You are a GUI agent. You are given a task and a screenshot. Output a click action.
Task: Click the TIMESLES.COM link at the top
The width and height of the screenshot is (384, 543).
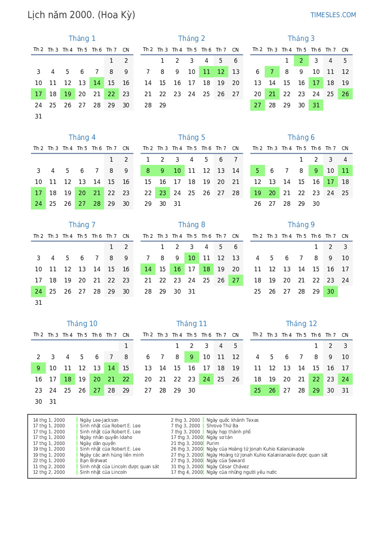[333, 15]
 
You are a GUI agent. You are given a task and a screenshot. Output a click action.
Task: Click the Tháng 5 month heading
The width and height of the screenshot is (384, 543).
[191, 137]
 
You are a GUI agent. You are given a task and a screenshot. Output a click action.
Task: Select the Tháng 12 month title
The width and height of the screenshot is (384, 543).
[301, 324]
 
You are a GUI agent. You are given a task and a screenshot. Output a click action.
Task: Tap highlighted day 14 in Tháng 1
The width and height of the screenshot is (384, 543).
[97, 83]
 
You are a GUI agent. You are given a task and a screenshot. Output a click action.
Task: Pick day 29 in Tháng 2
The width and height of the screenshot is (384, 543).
[163, 105]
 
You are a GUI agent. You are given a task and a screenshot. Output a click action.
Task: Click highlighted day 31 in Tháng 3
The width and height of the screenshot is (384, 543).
[316, 105]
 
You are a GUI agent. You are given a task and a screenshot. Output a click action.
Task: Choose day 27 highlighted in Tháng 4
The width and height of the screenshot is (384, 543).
[82, 204]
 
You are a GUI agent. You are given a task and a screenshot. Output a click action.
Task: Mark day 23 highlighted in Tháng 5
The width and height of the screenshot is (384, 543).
[163, 193]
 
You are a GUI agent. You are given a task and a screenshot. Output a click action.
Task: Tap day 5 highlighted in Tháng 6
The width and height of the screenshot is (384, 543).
[258, 171]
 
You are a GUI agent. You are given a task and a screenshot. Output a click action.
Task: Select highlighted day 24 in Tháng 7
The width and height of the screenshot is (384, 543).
[39, 292]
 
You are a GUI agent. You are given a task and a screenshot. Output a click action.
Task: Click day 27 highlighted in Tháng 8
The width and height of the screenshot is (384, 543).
[235, 281]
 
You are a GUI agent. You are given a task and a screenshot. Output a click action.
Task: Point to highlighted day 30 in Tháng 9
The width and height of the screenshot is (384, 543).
[330, 292]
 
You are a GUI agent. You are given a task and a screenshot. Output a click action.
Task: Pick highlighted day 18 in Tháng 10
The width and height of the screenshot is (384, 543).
[68, 379]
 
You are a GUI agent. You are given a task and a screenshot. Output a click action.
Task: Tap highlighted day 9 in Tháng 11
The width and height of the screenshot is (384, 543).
[192, 357]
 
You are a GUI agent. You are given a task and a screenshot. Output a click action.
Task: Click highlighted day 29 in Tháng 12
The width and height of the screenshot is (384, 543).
[316, 391]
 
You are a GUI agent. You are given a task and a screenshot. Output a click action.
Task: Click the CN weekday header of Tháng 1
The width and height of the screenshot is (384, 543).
[126, 50]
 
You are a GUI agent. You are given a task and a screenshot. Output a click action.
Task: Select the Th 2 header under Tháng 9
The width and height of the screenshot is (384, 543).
[257, 236]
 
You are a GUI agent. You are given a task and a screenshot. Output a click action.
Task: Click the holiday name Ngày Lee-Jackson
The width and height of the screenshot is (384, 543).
[99, 420]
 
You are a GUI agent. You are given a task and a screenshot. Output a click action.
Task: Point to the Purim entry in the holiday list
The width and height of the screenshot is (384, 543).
[213, 444]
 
